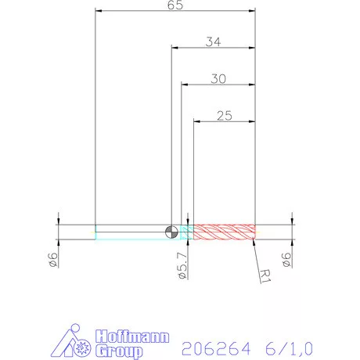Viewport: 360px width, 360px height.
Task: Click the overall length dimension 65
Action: pyautogui.click(x=175, y=5)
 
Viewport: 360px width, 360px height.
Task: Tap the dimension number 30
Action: pyautogui.click(x=219, y=78)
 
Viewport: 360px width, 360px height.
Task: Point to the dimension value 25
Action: pyautogui.click(x=224, y=115)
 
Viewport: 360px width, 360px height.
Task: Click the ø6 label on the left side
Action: pyautogui.click(x=53, y=261)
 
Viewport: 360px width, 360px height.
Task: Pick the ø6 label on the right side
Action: pyautogui.click(x=286, y=261)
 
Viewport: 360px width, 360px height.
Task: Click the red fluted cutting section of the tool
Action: pyautogui.click(x=225, y=231)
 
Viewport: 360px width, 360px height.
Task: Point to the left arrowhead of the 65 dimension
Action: pyautogui.click(x=98, y=12)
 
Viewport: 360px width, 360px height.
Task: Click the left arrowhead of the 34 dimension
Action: pyautogui.click(x=175, y=49)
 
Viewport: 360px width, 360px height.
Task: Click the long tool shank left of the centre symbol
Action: pyautogui.click(x=129, y=231)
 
